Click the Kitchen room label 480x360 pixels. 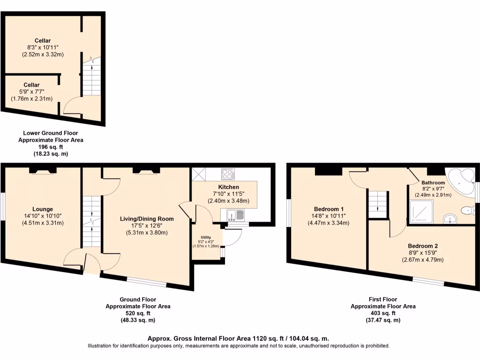[x=229, y=187]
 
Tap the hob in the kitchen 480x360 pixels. [x=228, y=174]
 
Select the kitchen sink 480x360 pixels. [x=233, y=215]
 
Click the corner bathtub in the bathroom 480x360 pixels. [x=461, y=181]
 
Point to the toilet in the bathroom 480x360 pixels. [x=467, y=210]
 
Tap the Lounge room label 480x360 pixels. [x=43, y=209]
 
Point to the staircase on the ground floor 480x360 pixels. [x=92, y=220]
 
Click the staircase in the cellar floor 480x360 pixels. [x=92, y=77]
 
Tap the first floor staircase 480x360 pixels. [x=378, y=204]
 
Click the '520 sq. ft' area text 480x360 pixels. [x=138, y=313]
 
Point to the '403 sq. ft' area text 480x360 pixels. [x=383, y=313]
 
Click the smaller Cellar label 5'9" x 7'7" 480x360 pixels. [x=31, y=85]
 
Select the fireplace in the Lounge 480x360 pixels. [x=44, y=171]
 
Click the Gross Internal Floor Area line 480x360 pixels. [x=238, y=338]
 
